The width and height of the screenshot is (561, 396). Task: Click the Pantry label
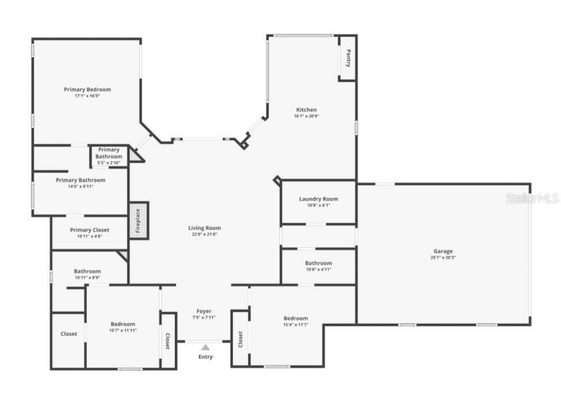348,58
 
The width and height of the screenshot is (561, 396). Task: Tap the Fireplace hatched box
139,220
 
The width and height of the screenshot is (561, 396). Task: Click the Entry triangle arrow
205,347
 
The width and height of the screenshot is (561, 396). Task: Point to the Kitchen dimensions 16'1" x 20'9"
306,116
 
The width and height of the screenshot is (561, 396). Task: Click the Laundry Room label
318,199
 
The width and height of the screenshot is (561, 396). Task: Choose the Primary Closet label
89,230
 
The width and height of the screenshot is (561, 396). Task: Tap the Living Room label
204,228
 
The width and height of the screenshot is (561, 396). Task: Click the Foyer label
204,311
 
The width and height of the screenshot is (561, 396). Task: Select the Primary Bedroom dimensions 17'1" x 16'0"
87,96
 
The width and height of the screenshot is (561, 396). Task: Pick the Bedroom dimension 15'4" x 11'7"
295,325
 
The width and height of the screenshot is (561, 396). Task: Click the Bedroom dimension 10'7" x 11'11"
123,330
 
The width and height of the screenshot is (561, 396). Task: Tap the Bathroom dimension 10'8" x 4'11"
318,269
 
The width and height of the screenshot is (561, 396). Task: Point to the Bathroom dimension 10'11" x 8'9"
87,278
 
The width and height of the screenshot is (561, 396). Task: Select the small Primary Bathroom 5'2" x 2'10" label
108,162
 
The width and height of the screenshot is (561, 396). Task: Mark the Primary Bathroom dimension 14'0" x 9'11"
80,186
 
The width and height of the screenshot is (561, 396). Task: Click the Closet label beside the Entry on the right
240,338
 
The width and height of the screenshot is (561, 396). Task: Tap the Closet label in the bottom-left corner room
68,333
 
